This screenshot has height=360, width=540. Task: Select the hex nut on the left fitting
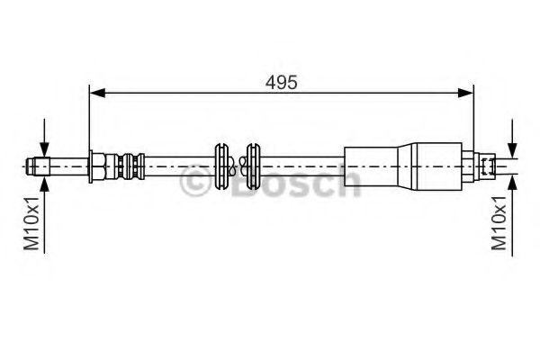click(95, 166)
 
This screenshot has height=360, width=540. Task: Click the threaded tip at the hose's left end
click(34, 166)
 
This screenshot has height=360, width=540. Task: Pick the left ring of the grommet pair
click(220, 166)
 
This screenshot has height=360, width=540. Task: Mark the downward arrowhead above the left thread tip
click(42, 151)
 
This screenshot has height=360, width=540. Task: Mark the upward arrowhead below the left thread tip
click(42, 180)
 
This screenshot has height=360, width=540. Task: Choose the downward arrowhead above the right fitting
click(511, 152)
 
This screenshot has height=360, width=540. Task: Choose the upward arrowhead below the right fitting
click(511, 179)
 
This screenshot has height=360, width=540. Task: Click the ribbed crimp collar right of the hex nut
click(124, 166)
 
